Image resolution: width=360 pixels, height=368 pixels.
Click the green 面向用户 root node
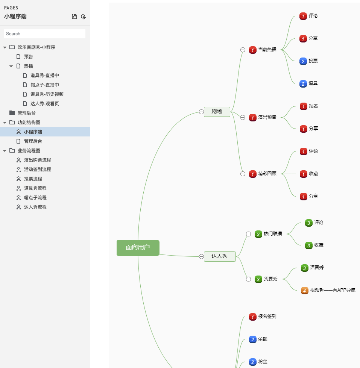pos(138,247)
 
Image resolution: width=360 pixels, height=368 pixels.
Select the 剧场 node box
pos(217,111)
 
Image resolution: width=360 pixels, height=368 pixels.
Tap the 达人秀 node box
pos(220,256)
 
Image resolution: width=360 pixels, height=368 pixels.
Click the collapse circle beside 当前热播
pos(243,50)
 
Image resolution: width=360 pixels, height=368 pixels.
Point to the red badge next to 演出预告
pos(253,117)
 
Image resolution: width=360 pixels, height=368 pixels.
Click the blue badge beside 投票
pos(303,61)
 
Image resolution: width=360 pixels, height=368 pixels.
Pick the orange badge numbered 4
pos(305,290)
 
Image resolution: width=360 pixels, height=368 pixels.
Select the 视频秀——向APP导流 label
pos(333,290)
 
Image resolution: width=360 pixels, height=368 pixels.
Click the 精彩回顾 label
pos(267,174)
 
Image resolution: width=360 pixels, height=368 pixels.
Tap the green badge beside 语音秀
pos(305,268)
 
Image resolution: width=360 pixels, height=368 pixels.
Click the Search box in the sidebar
pos(45,34)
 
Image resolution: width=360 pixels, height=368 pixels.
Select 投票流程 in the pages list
pos(33,179)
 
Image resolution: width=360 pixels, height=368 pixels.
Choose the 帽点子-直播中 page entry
pos(44,85)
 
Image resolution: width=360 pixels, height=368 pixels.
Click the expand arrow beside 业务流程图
pos(5,151)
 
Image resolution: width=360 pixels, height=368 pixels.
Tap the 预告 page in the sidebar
pos(29,56)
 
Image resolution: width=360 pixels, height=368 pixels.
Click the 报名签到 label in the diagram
pos(267,317)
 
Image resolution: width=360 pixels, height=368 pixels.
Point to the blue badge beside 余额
pos(253,339)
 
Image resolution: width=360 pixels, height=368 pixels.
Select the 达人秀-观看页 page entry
pos(44,103)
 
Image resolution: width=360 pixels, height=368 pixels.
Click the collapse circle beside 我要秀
pos(248,279)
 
